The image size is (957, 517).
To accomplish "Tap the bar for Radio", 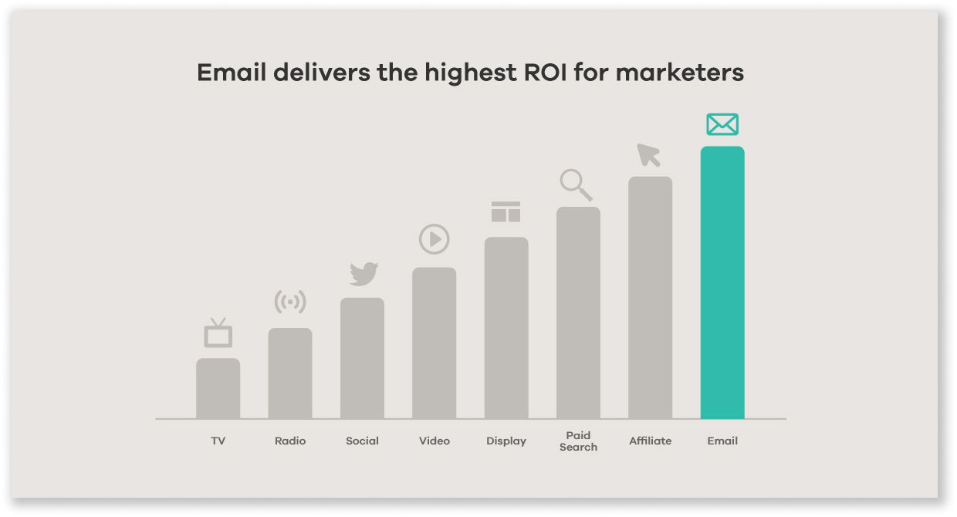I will pyautogui.click(x=290, y=373).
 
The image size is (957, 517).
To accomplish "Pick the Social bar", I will pyautogui.click(x=362, y=358).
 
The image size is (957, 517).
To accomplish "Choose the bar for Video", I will pyautogui.click(x=434, y=343).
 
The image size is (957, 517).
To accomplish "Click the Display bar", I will pyautogui.click(x=506, y=328).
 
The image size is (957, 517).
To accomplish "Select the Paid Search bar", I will pyautogui.click(x=578, y=313).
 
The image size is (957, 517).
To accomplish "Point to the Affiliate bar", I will pyautogui.click(x=650, y=298).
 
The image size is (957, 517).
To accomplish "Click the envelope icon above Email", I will pyautogui.click(x=722, y=124).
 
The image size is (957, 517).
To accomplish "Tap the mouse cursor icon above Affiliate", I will pyautogui.click(x=648, y=155).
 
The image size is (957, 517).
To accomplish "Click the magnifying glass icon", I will pyautogui.click(x=576, y=185).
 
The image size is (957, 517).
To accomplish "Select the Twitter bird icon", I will pyautogui.click(x=364, y=274).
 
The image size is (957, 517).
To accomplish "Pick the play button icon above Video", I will pyautogui.click(x=434, y=239).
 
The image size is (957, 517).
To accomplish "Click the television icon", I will pyautogui.click(x=218, y=334).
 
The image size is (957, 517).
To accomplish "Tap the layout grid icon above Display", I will pyautogui.click(x=506, y=212).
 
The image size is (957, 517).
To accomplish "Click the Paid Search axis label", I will pyautogui.click(x=578, y=441).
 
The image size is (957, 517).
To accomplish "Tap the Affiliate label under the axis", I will pyautogui.click(x=650, y=441).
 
